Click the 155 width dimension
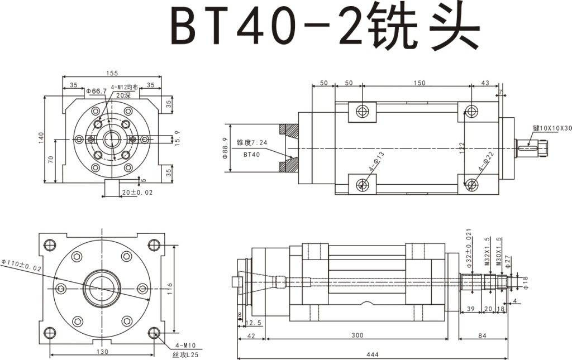[x=112, y=73]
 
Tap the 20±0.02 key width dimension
[x=137, y=192]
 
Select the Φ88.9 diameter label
[x=226, y=148]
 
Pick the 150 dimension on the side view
[x=419, y=83]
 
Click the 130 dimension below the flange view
[x=102, y=352]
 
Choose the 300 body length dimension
[x=357, y=335]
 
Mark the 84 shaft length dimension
[x=482, y=335]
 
